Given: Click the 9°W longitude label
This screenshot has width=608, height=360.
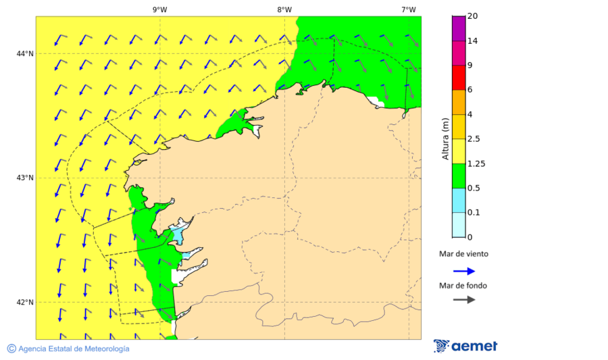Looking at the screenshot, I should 159,9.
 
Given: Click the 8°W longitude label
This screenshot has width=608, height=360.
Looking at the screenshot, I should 284,9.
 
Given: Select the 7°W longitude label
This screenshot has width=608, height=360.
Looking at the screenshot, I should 408,9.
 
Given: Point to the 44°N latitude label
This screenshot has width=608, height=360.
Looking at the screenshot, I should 24,53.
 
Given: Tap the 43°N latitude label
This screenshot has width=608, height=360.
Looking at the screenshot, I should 24,178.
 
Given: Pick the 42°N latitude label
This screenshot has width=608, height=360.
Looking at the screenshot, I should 24,302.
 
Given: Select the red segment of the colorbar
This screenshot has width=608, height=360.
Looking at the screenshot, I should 459,77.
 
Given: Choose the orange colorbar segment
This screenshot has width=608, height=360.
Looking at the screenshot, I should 459,102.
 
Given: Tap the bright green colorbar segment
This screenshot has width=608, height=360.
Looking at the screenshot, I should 459,176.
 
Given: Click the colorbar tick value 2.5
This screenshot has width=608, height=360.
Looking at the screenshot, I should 475,139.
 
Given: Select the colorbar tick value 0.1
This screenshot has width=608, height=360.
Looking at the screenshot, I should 475,213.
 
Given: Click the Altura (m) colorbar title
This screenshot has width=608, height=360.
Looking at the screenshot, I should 445,138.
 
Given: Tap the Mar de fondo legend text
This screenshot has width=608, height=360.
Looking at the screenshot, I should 463,286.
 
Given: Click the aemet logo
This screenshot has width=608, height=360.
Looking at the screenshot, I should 465,346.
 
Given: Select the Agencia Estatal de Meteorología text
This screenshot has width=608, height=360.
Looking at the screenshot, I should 73,349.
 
